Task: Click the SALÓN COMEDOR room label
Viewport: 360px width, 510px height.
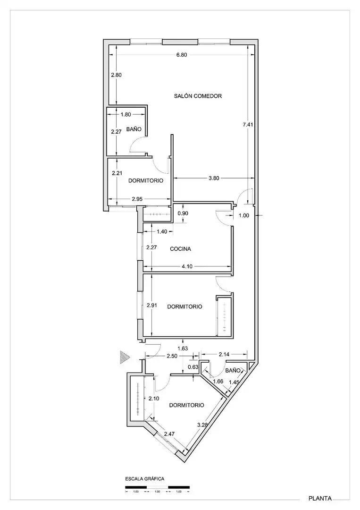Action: point(198,96)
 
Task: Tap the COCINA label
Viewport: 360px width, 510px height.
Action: point(180,249)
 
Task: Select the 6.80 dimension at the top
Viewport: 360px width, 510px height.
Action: point(182,55)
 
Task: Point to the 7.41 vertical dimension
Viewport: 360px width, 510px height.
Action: point(248,124)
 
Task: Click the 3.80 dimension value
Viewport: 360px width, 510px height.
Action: point(214,178)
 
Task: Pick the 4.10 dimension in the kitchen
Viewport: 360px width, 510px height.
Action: point(187,266)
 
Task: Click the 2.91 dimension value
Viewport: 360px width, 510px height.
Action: point(152,305)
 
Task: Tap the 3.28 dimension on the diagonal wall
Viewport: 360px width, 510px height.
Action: point(203,425)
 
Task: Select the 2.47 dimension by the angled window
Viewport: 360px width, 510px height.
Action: point(169,433)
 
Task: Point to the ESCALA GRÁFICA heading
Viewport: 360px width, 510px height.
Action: point(144,479)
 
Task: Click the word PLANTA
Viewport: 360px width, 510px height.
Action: point(320,498)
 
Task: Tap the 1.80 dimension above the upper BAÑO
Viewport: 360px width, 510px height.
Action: point(126,114)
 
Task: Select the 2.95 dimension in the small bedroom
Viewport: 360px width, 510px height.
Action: point(137,199)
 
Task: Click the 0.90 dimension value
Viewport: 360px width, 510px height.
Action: point(183,213)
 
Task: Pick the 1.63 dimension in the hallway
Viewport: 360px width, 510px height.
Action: point(183,348)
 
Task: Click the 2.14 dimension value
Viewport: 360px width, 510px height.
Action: point(224,354)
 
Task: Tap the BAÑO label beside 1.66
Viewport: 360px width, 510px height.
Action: point(233,371)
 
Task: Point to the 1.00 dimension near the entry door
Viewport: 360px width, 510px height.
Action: point(244,215)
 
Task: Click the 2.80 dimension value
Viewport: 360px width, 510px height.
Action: point(116,75)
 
